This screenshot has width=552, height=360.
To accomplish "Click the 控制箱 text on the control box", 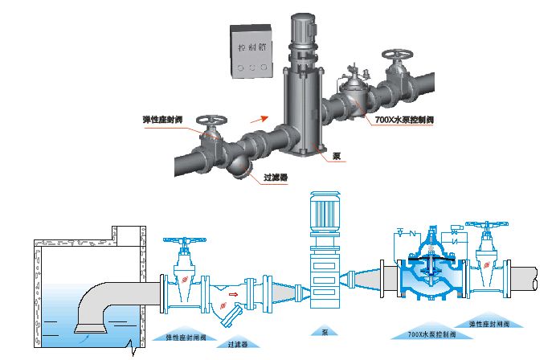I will pyautogui.click(x=255, y=47).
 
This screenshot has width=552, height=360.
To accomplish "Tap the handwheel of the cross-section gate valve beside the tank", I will pyautogui.click(x=184, y=241).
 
